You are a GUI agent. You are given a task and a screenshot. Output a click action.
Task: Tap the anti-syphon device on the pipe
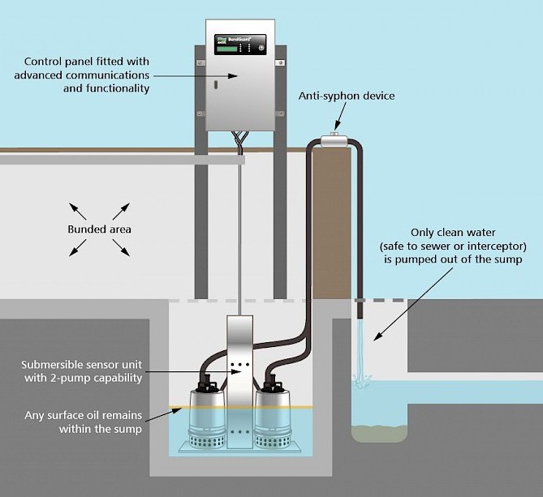pyautogui.click(x=334, y=142)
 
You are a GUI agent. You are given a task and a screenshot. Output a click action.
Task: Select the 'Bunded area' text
pyautogui.click(x=98, y=229)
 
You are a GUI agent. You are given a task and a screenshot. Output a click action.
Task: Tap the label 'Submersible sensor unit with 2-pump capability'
pyautogui.click(x=84, y=371)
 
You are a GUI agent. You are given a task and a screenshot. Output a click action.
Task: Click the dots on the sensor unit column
pyautogui.click(x=237, y=366)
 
